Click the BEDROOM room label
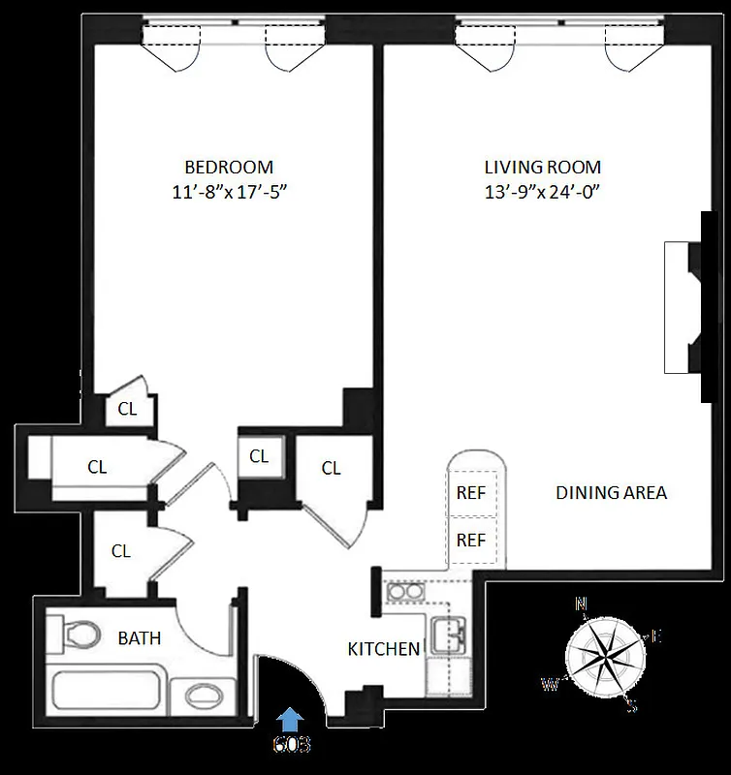click(230, 167)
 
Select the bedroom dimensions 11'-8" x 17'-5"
click(230, 191)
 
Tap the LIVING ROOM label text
click(543, 167)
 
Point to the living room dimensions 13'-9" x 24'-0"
click(543, 191)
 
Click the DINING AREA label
click(611, 492)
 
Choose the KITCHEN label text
click(384, 649)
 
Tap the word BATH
click(140, 638)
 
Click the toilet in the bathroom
click(78, 635)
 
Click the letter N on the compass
click(582, 604)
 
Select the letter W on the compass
click(549, 685)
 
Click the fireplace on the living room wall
click(683, 306)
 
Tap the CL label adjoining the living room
click(332, 469)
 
